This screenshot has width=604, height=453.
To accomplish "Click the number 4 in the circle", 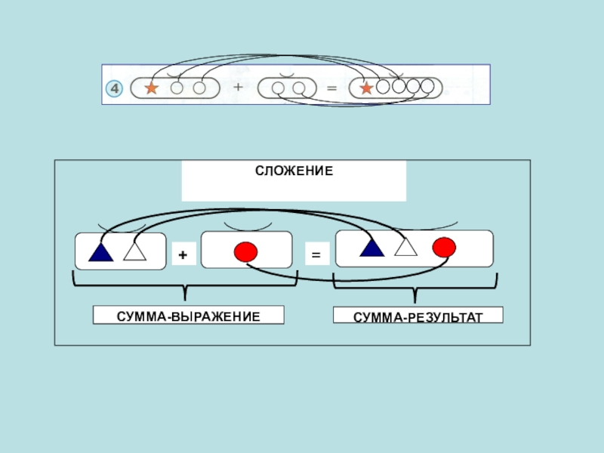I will coord(114,89).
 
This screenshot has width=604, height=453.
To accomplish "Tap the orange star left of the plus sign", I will coord(151,88).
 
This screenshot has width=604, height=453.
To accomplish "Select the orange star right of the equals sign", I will coord(367,88).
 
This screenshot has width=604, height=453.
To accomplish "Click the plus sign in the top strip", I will coord(239,88).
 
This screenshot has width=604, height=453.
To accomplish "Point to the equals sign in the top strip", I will coord(331,88).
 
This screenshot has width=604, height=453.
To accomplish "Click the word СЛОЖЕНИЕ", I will coord(294,172).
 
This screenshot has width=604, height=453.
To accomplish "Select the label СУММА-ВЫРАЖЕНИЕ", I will coord(188,314).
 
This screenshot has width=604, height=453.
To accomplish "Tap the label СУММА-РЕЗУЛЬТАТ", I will coord(418,316).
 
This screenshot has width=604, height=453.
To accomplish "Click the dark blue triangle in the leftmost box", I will coord(100,251).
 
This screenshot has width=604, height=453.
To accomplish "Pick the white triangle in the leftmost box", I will coord(134,251).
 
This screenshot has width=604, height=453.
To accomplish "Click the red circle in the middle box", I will coord(245,251).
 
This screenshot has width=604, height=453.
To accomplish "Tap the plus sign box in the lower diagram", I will coord(183,256).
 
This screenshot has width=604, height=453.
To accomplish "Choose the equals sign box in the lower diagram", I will coord(316,256).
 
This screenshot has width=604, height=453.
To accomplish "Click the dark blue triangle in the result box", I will coord(371,247).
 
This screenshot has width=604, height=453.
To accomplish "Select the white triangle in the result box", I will coord(405,246).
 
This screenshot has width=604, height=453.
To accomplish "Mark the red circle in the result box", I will coord(444,246).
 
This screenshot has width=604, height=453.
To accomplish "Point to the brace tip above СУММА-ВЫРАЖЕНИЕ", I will coord(186,297).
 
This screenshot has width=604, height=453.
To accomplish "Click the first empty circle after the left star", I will coord(177,88).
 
